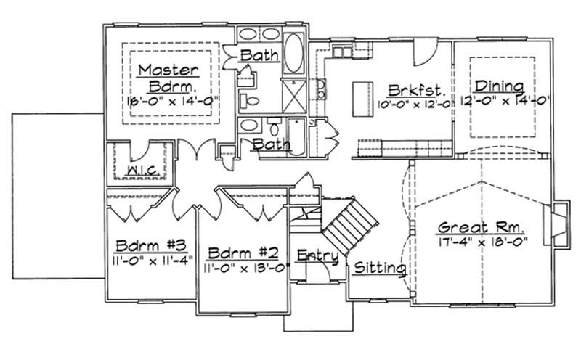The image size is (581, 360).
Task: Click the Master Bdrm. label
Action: click(168, 77)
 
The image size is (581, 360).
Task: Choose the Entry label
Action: click(317, 255)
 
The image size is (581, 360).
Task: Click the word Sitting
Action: click(379, 268)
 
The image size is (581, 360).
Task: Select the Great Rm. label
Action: click(482, 227)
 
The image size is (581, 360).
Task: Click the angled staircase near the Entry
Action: click(347, 226)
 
